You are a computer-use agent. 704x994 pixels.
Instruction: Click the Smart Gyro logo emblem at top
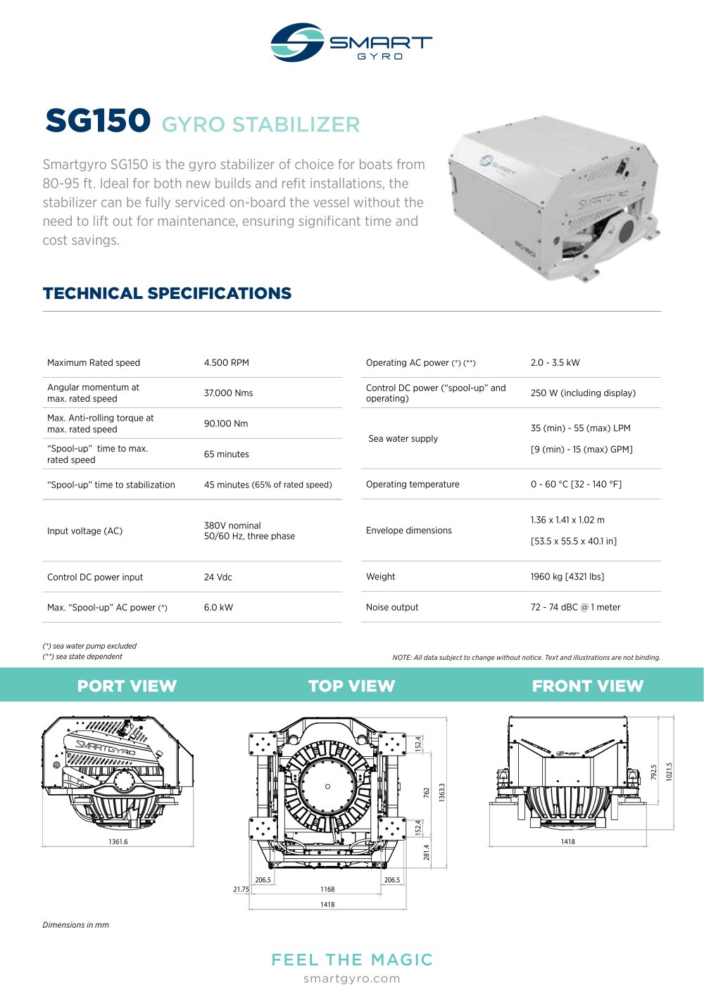tap(297, 42)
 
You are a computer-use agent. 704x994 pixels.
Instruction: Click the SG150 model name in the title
tap(98, 121)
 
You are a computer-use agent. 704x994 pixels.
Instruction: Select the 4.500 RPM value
tap(226, 363)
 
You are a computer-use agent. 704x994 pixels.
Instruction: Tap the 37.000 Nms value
tap(228, 393)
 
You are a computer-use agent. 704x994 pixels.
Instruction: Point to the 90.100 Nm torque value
tap(226, 423)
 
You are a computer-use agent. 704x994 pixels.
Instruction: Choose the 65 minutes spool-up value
tap(226, 454)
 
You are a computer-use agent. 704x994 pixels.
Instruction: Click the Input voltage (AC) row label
tap(84, 531)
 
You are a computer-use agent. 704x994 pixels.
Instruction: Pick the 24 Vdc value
tap(218, 577)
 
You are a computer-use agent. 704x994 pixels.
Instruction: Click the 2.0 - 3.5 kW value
tap(555, 363)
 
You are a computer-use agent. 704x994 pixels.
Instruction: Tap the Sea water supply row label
tap(403, 438)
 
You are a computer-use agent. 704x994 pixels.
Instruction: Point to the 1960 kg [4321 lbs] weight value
tap(567, 576)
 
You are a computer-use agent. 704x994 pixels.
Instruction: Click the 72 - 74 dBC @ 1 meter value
tap(575, 607)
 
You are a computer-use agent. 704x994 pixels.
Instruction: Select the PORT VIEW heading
tap(127, 686)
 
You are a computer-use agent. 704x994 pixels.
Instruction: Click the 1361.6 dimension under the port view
tap(118, 841)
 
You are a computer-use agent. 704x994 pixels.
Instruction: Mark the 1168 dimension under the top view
tap(327, 889)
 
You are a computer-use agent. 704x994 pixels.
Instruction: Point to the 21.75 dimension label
tap(241, 889)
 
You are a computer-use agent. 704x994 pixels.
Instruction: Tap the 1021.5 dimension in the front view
tap(670, 771)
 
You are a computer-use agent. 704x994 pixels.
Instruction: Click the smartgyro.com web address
tap(351, 979)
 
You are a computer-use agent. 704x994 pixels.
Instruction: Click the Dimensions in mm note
tap(75, 925)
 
